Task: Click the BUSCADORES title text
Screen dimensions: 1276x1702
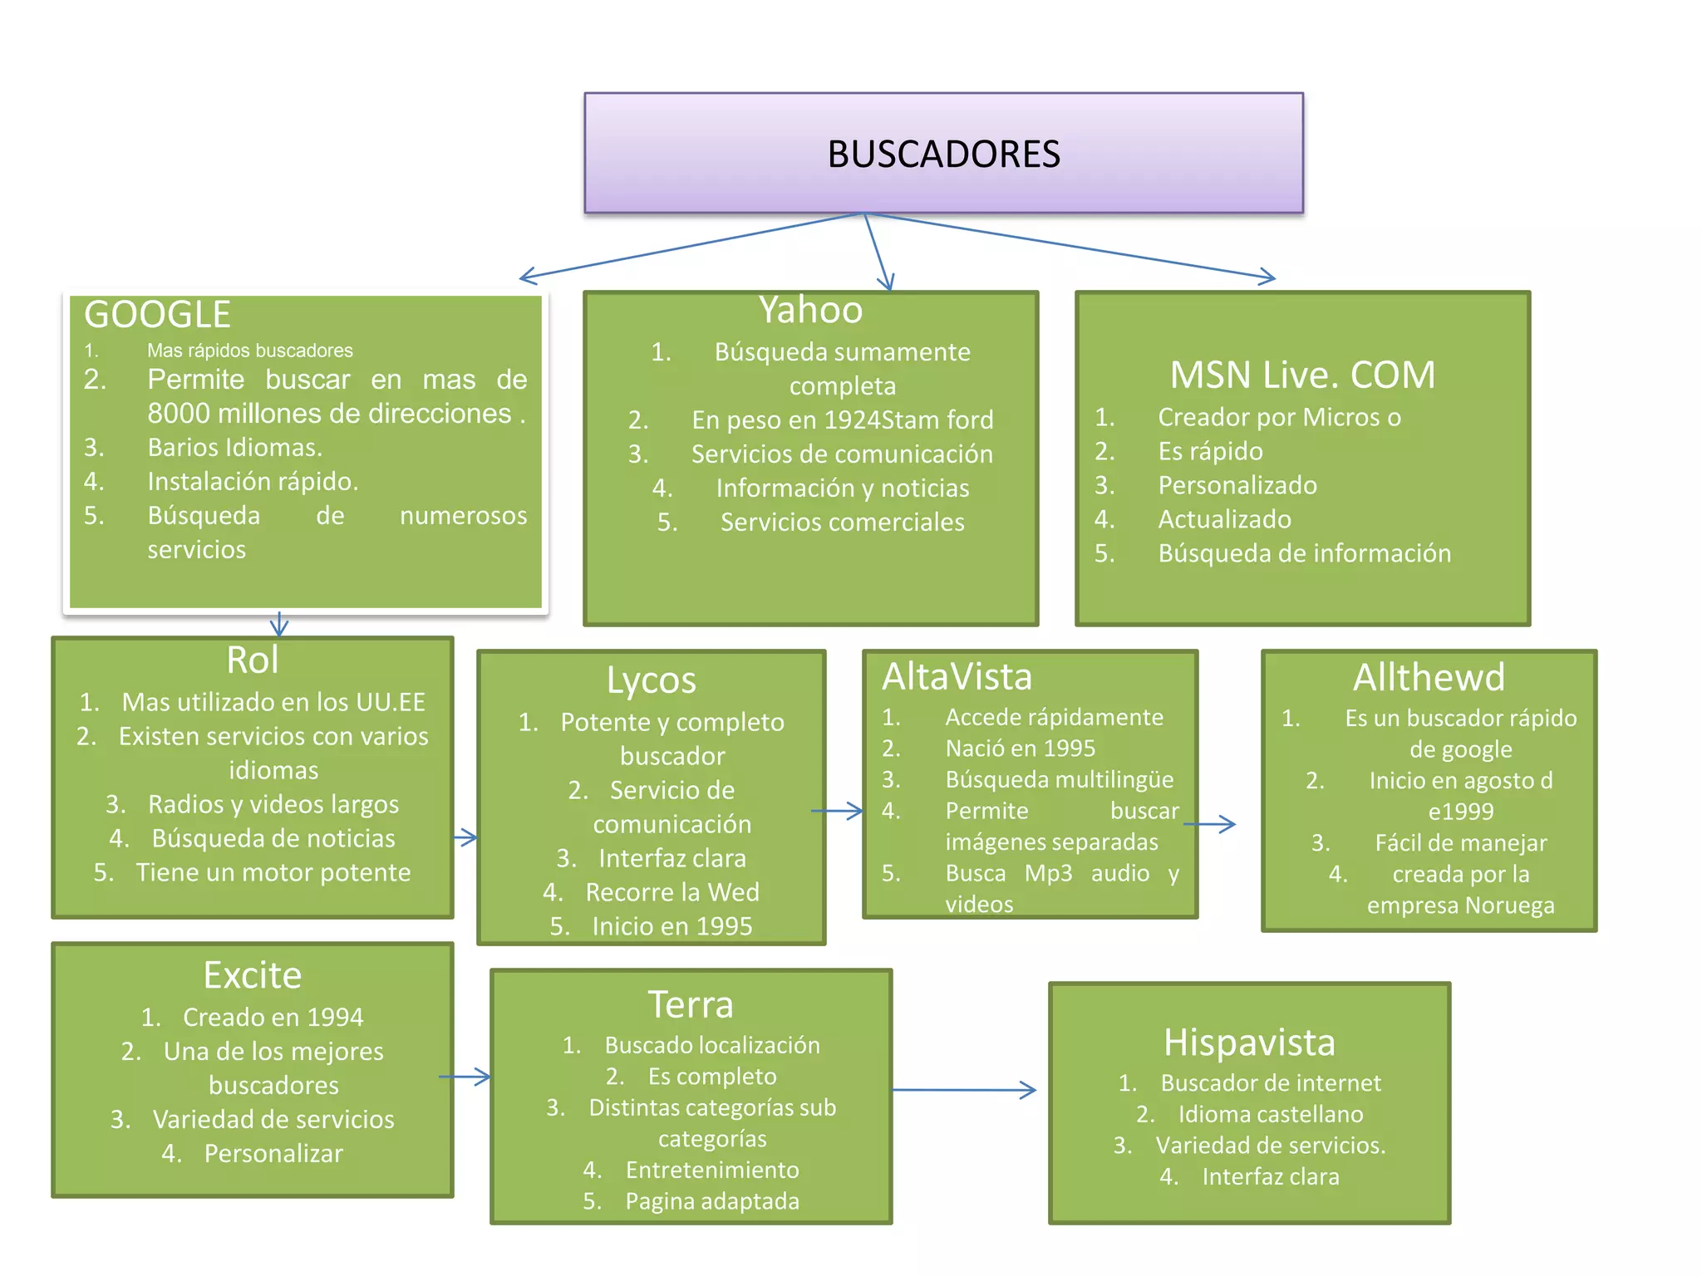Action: pyautogui.click(x=943, y=155)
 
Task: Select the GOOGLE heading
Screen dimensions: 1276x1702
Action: pyautogui.click(x=157, y=315)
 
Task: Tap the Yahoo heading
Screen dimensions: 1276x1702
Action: pyautogui.click(x=810, y=310)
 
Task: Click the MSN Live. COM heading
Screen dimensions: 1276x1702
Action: pyautogui.click(x=1302, y=375)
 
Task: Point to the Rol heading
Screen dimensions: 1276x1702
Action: pyautogui.click(x=253, y=660)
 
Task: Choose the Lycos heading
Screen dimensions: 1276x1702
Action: pyautogui.click(x=651, y=680)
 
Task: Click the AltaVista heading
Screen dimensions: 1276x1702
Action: pyautogui.click(x=957, y=677)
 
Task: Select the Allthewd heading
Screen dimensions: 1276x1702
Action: pyautogui.click(x=1429, y=678)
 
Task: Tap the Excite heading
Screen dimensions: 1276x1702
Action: pyautogui.click(x=253, y=975)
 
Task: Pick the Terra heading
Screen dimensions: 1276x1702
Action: pyautogui.click(x=691, y=1005)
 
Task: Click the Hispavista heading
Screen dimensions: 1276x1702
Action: pyautogui.click(x=1249, y=1043)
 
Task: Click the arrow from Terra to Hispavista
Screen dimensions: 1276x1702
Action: pyautogui.click(x=964, y=1090)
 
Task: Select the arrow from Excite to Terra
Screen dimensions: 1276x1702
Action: pyautogui.click(x=465, y=1077)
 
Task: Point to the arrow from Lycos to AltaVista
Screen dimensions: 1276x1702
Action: pyautogui.click(x=838, y=811)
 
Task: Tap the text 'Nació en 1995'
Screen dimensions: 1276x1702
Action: pyautogui.click(x=1021, y=748)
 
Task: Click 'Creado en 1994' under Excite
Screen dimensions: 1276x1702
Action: pyautogui.click(x=273, y=1018)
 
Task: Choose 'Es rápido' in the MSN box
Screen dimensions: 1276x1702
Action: pyautogui.click(x=1210, y=451)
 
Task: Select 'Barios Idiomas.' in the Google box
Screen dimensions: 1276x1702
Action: pyautogui.click(x=235, y=448)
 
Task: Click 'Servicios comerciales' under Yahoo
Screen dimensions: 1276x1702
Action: pyautogui.click(x=842, y=523)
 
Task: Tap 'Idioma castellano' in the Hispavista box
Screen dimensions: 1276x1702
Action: pyautogui.click(x=1271, y=1115)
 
